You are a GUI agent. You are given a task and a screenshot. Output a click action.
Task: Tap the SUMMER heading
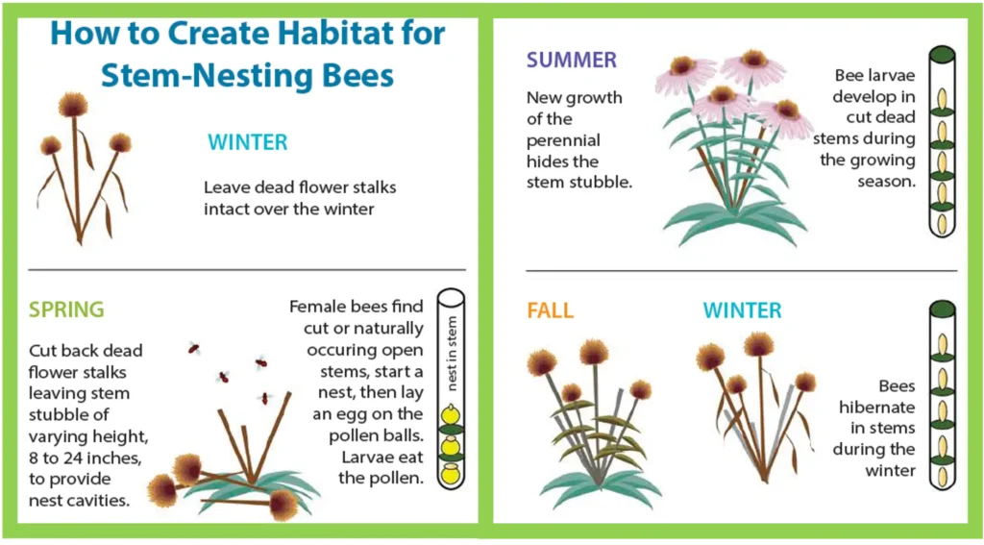572,61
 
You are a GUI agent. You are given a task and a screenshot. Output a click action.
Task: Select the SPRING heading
66,310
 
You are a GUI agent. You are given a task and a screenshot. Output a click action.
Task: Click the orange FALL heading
551,310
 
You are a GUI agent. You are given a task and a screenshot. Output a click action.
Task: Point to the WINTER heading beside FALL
743,310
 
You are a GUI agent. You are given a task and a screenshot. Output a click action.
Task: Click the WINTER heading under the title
248,142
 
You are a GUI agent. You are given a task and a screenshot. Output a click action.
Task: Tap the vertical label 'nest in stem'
452,354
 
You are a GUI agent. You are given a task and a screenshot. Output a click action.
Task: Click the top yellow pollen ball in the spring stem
450,414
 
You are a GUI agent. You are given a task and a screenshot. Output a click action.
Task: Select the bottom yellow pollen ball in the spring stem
450,474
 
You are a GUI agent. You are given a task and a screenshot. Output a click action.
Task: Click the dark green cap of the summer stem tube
942,54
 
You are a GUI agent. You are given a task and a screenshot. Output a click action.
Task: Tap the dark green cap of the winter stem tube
942,310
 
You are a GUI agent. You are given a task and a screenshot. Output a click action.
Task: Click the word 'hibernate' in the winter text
876,408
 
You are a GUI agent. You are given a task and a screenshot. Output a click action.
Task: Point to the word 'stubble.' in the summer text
579,183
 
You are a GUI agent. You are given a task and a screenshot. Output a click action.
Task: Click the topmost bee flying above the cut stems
194,348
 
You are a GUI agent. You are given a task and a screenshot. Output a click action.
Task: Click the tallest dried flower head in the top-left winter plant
73,106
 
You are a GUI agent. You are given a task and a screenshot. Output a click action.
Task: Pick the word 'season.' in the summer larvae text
886,182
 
